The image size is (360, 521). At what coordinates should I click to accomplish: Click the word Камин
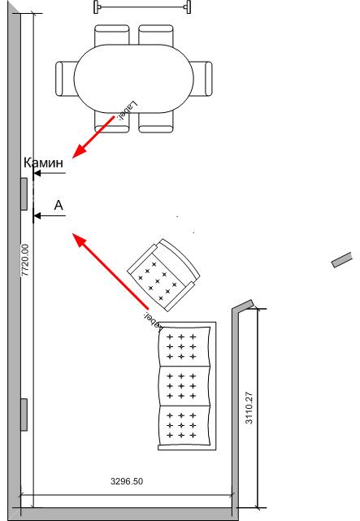pos(43,163)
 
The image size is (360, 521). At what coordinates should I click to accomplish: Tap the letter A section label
pos(59,206)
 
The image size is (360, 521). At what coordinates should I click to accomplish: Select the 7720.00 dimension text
pos(25,260)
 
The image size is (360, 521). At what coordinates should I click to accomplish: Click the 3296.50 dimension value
pos(127,481)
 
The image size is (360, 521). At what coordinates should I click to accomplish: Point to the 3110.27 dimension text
pos(249,408)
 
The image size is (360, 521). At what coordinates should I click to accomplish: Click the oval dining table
pos(133,78)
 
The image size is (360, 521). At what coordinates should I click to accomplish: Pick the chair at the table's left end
pos(65,79)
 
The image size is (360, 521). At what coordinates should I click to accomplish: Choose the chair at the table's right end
pos(202,79)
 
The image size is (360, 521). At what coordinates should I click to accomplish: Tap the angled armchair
pos(163,275)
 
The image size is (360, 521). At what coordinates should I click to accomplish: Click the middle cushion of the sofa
pos(184,386)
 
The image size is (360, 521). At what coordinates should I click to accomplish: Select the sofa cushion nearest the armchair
pos(184,346)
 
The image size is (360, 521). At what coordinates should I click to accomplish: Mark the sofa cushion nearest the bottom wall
pos(184,425)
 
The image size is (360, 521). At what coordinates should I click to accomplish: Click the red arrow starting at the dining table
pos(93,137)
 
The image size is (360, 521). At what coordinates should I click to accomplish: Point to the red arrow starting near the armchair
pos(111,271)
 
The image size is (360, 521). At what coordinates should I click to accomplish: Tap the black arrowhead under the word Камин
pos(37,173)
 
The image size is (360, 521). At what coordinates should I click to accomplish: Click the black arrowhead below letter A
pos(37,216)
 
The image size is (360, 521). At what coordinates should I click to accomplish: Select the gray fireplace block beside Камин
pos(24,194)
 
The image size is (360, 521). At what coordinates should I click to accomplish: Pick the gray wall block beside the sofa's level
pos(24,415)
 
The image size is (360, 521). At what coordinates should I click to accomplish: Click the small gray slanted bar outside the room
pos(342,259)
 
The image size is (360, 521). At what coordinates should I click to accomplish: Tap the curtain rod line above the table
pos(142,7)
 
